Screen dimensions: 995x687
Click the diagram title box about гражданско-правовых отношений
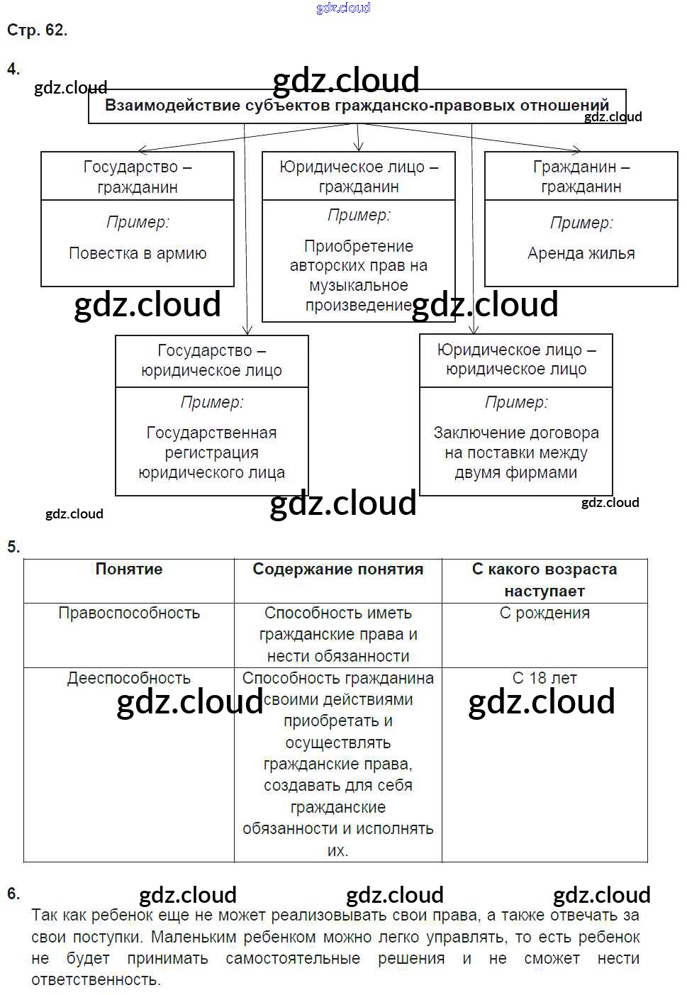pos(357,106)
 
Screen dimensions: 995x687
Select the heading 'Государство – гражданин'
pos(138,177)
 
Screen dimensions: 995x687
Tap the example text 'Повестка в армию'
pos(138,253)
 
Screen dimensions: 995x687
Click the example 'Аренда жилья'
pos(581,253)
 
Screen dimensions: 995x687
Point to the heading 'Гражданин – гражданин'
pos(581,177)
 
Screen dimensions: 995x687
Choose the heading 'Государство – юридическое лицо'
pos(211,360)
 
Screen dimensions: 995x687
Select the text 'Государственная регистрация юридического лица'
pos(211,452)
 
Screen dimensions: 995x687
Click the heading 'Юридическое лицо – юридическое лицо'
pos(516,360)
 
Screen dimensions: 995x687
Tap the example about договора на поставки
pos(516,452)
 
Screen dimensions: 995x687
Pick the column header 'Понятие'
pos(128,569)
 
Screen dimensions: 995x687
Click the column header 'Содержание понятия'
pos(337,569)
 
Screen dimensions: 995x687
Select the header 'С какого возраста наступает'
pos(544,579)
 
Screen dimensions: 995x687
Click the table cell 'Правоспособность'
pos(128,613)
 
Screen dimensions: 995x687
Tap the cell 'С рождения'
pos(544,613)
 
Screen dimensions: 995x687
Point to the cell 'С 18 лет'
pos(544,678)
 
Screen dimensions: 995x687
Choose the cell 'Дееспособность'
pos(128,678)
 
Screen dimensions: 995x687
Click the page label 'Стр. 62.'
pos(37,30)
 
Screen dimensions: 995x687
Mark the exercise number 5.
pos(13,547)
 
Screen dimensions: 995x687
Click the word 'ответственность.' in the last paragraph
pos(96,979)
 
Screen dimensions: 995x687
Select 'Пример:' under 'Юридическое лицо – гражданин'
pos(358,215)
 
